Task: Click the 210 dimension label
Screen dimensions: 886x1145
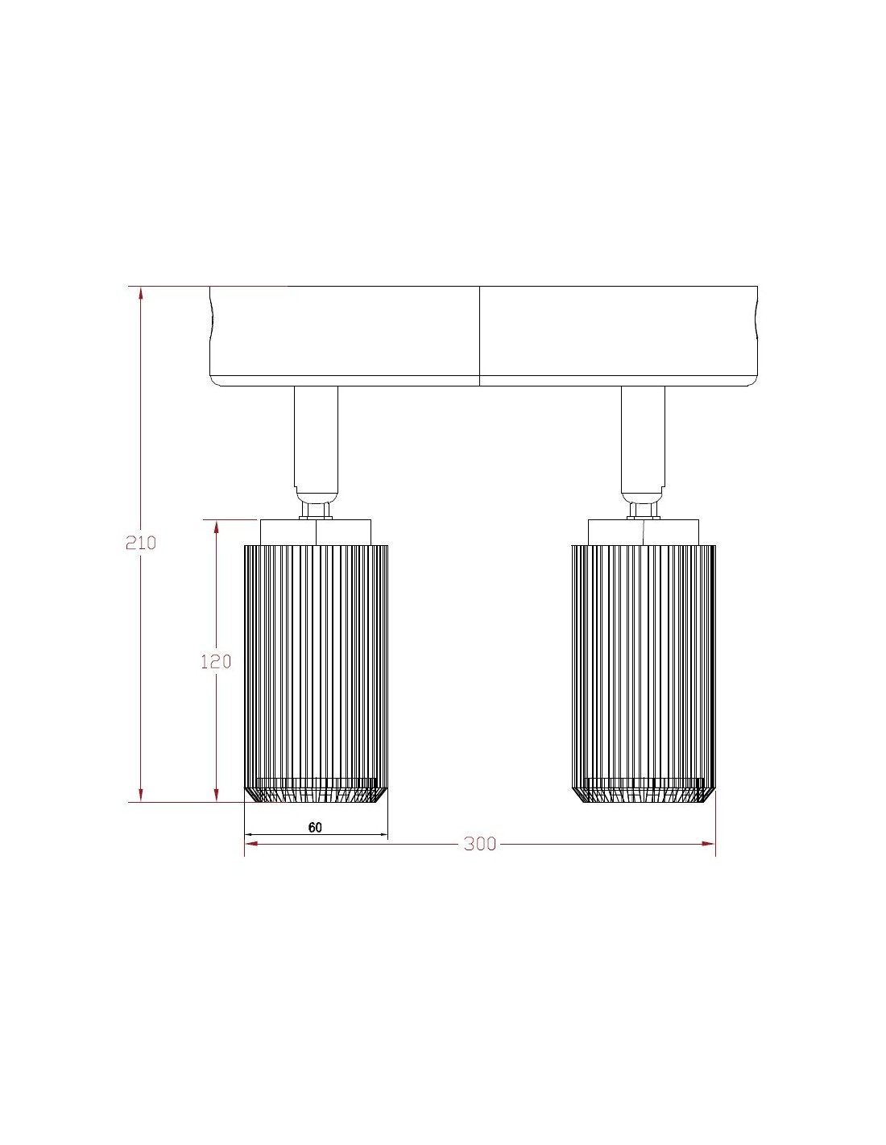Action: pos(141,542)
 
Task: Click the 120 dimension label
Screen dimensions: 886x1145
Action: pos(216,661)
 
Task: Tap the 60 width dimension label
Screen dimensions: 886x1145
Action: pos(315,827)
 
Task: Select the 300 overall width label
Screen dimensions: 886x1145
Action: pos(480,844)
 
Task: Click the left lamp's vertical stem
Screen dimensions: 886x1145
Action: pos(316,438)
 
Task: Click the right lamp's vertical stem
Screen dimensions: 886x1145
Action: pos(643,438)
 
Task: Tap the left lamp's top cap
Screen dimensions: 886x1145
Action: pos(316,532)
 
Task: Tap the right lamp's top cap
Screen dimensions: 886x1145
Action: pos(644,532)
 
